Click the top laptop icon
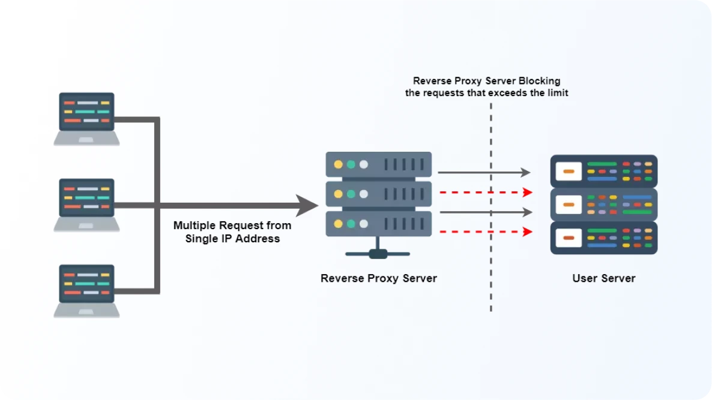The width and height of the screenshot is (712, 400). point(86,118)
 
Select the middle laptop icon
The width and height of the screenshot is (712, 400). point(86,204)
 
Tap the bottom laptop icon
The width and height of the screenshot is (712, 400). point(86,291)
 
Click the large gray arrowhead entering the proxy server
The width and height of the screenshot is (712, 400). point(307,205)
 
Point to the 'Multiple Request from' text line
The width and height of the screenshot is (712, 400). point(232,225)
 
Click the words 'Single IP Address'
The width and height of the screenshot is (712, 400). point(232,239)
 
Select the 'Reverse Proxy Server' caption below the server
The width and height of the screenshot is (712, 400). point(379,278)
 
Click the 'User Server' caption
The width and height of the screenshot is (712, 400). point(603,278)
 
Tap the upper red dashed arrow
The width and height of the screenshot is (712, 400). point(486,193)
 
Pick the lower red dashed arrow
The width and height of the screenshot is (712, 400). point(486,231)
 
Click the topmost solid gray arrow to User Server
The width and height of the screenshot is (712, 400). point(484,173)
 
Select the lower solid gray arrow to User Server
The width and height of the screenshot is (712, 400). point(486,212)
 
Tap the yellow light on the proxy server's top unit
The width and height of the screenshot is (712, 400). point(339,164)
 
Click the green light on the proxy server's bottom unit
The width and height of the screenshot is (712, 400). point(351,224)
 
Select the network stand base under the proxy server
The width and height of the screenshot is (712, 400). point(378,253)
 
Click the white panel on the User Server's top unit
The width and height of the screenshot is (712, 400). point(569,172)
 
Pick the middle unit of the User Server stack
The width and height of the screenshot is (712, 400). point(604,204)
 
